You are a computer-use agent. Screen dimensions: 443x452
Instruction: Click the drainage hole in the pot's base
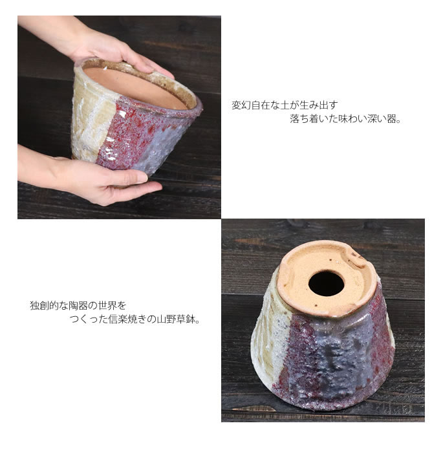(x=327, y=283)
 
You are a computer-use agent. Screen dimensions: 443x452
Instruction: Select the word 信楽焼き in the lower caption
(x=127, y=319)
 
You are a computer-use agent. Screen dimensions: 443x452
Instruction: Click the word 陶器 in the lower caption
(x=78, y=305)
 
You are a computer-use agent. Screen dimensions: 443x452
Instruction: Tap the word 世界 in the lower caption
(x=107, y=305)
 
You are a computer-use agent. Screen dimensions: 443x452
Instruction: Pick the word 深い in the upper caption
(x=376, y=119)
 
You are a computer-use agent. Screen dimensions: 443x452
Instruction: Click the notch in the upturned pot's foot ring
(x=358, y=257)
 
